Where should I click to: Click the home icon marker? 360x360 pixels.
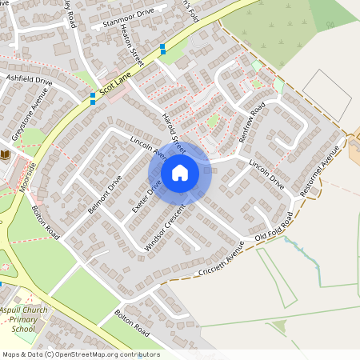pyautogui.click(x=180, y=173)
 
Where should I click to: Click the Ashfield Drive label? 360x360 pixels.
pyautogui.click(x=29, y=80)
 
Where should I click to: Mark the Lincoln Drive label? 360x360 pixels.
pyautogui.click(x=266, y=174)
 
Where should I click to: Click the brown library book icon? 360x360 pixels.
pyautogui.click(x=6, y=154)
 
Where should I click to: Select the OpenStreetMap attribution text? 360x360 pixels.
pyautogui.click(x=81, y=354)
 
